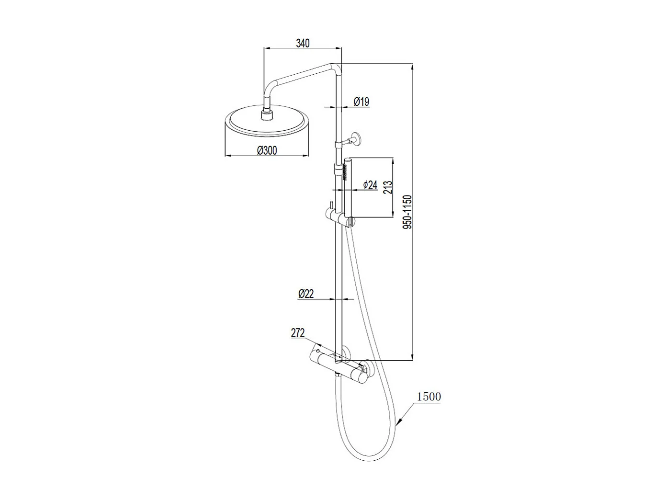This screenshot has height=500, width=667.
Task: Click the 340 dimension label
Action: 303,43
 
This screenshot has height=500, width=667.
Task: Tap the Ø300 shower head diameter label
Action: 267,150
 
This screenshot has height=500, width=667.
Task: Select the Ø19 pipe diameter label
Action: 362,102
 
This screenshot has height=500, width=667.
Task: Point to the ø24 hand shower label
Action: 370,185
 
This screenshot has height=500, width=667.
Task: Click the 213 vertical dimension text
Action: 388,187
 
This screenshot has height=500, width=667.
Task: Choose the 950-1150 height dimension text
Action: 407,211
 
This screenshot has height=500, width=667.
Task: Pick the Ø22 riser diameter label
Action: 305,294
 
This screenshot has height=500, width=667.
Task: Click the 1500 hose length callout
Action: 429,397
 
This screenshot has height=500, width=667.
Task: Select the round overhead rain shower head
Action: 266,123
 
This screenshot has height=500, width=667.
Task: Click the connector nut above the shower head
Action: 266,114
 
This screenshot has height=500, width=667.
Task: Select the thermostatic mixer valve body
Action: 339,366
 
